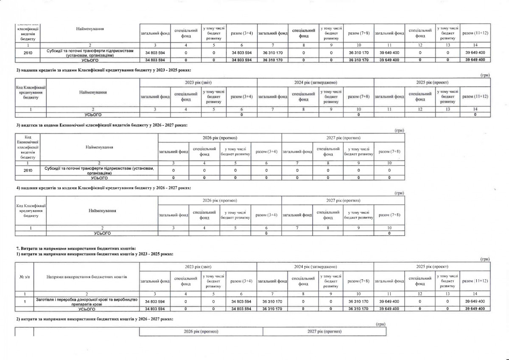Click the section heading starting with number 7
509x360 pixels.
click(76, 247)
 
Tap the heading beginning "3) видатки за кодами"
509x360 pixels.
click(101, 126)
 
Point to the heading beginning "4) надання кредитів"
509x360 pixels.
click(103, 188)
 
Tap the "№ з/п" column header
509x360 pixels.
click(24, 277)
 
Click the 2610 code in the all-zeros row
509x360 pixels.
click(28, 170)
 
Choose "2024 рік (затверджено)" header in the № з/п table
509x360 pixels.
click(316, 267)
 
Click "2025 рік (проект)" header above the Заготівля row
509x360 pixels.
click(432, 267)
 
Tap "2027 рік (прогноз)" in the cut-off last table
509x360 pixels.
click(324, 331)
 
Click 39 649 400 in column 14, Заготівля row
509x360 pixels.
click(475, 301)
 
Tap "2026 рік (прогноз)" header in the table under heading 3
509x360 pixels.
click(220, 138)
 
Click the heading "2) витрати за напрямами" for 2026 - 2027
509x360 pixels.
click(94, 318)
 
